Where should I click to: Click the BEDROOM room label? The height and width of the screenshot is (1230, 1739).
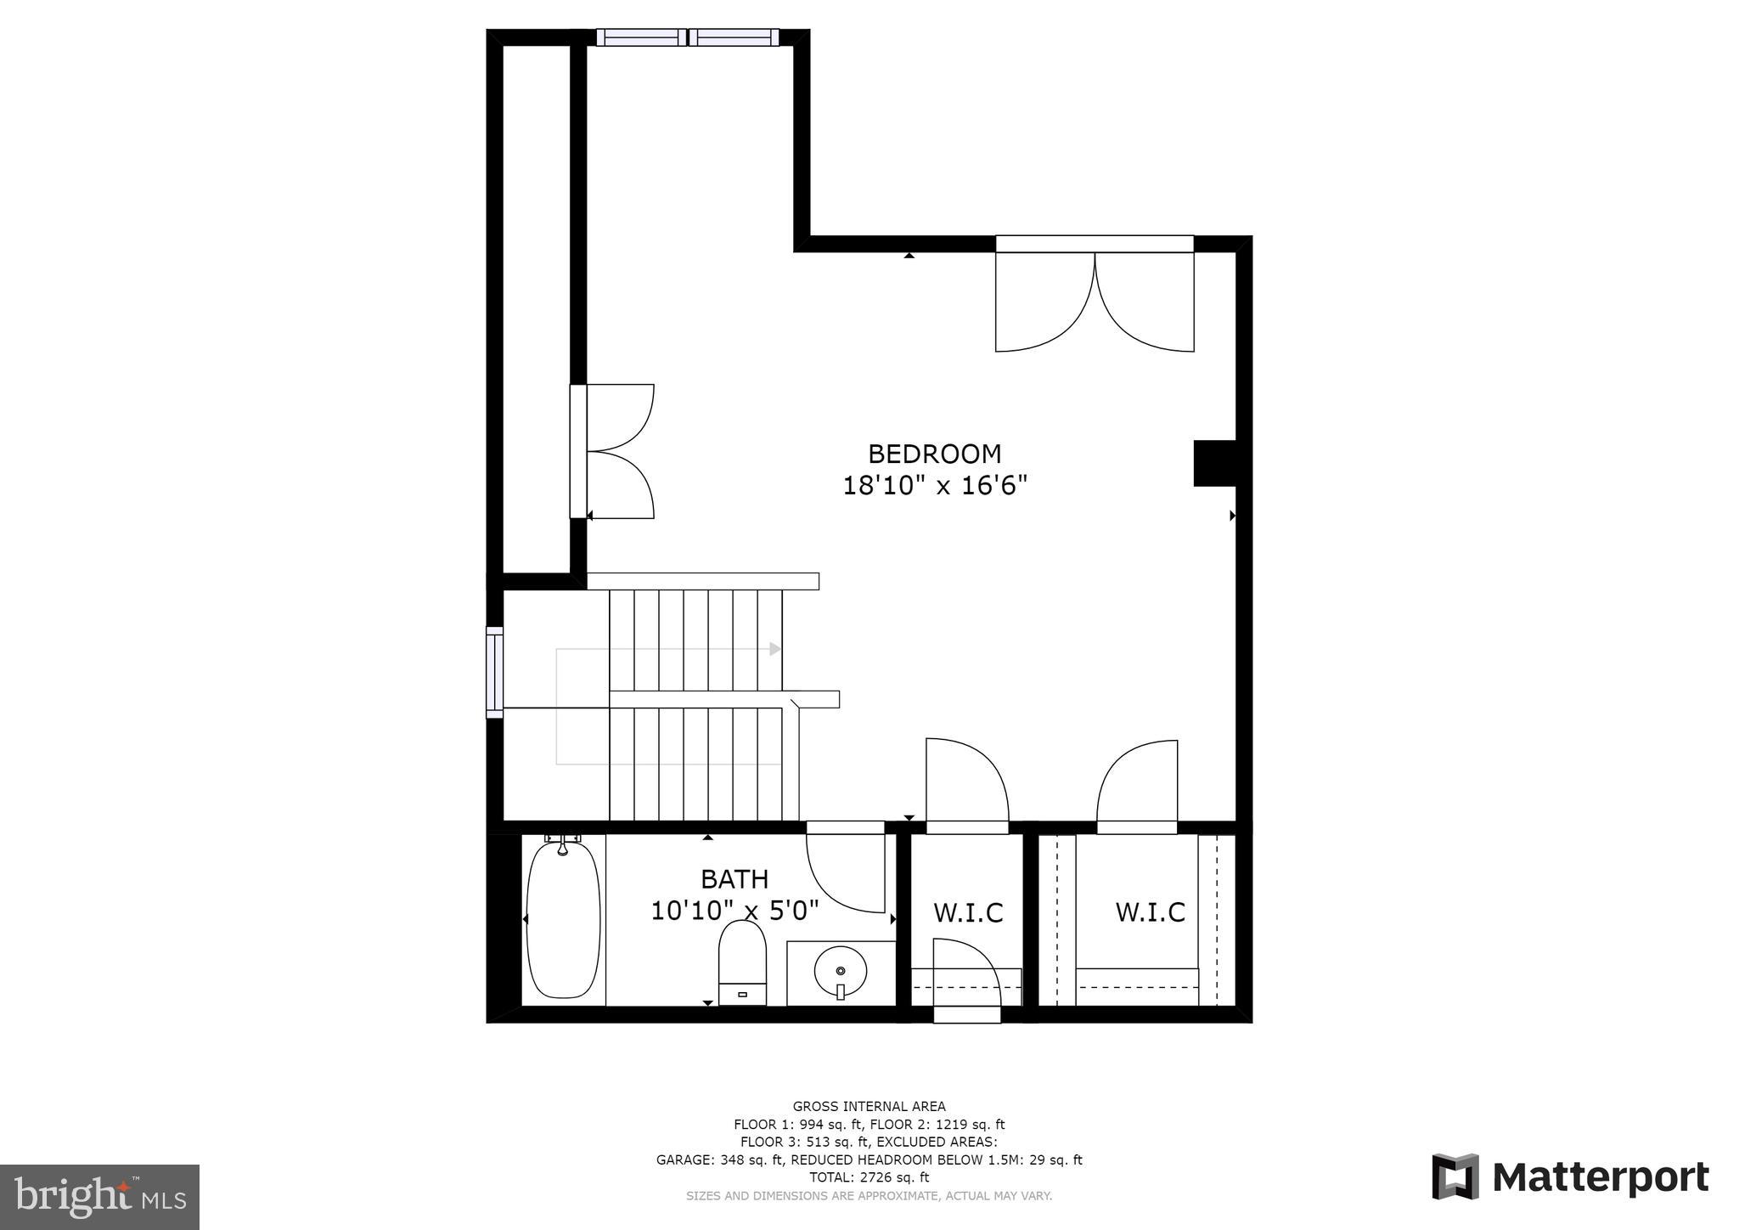pyautogui.click(x=934, y=454)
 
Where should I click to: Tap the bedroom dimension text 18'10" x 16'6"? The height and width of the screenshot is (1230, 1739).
pyautogui.click(x=934, y=486)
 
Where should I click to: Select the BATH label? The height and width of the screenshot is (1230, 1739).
pyautogui.click(x=734, y=878)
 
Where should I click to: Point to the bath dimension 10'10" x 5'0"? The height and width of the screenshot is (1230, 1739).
pyautogui.click(x=734, y=911)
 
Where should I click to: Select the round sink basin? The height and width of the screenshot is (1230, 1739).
pyautogui.click(x=841, y=969)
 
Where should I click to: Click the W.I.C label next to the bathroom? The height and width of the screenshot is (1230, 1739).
pyautogui.click(x=968, y=913)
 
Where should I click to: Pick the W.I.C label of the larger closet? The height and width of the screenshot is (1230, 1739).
pyautogui.click(x=1150, y=912)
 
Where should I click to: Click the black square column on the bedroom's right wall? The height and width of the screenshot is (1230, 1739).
pyautogui.click(x=1214, y=463)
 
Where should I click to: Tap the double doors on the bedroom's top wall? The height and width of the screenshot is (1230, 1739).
pyautogui.click(x=1095, y=297)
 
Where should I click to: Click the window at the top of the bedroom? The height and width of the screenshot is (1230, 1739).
pyautogui.click(x=687, y=37)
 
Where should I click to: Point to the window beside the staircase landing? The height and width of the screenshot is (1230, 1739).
pyautogui.click(x=494, y=672)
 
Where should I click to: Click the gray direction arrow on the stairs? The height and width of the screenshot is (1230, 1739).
pyautogui.click(x=774, y=649)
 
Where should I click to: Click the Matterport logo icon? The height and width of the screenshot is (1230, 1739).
pyautogui.click(x=1455, y=1176)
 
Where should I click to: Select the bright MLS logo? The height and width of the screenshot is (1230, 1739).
pyautogui.click(x=99, y=1197)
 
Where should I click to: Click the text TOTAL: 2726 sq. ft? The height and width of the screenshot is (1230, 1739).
pyautogui.click(x=869, y=1177)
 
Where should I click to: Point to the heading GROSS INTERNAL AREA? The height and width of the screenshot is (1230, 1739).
pyautogui.click(x=869, y=1106)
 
